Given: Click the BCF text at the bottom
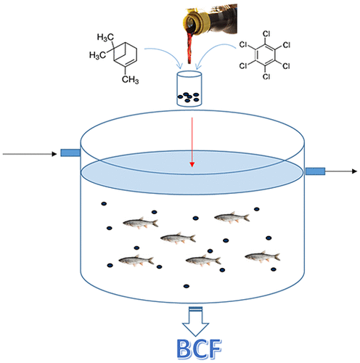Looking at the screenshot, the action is (199, 349).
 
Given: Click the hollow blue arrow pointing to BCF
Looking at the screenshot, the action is (195, 322).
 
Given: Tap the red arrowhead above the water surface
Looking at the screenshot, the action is (192, 164).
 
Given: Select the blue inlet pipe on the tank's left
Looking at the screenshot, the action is (70, 152).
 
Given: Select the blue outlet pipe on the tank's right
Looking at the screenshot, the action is (315, 171).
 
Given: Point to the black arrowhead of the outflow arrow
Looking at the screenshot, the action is (354, 171).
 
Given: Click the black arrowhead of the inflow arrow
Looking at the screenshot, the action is (54, 154).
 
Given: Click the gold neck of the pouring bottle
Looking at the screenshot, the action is (195, 23).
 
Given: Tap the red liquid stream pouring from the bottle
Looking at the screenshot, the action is (190, 48).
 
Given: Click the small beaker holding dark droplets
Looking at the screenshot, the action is (189, 89).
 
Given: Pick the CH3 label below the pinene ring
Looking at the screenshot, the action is (130, 79).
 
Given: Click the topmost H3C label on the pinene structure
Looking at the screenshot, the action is (105, 37).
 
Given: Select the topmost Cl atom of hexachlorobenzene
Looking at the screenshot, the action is (266, 33).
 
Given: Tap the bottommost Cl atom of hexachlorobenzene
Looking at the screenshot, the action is (266, 76).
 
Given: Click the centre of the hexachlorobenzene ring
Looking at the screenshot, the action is (266, 55).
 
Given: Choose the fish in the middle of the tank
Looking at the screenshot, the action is (178, 238).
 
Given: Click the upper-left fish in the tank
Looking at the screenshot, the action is (141, 222).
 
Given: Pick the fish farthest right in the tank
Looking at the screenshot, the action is (263, 256).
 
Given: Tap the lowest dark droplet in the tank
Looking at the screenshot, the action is (186, 286).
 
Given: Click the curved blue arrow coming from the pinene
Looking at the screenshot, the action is (165, 56).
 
